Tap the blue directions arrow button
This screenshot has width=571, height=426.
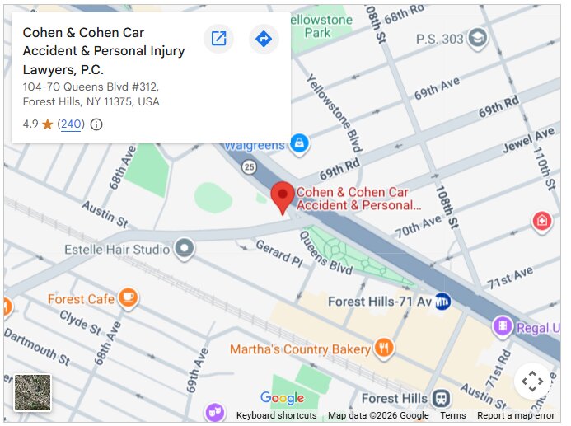[x=264, y=39]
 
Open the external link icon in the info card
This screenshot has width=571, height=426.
[x=218, y=39]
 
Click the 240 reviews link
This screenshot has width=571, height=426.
[x=71, y=124]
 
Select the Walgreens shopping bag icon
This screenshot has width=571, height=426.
[x=299, y=144]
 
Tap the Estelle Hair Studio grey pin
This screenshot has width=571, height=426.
[x=185, y=247]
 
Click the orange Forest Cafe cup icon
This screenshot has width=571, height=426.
[x=127, y=298]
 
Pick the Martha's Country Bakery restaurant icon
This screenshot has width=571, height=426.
[x=383, y=349]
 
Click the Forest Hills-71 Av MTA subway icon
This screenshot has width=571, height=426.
[x=443, y=302]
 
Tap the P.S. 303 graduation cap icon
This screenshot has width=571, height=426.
[x=477, y=39]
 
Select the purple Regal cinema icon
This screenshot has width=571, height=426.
[x=501, y=327]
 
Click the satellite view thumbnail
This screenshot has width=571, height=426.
[x=33, y=392]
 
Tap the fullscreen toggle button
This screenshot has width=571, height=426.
[x=532, y=381]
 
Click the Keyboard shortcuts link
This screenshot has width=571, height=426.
[x=276, y=416]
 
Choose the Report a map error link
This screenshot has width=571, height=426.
[x=516, y=416]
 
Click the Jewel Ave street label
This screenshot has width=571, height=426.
[x=529, y=142]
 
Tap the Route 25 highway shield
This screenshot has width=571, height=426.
[x=248, y=168]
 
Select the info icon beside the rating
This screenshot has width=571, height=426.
[x=96, y=124]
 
